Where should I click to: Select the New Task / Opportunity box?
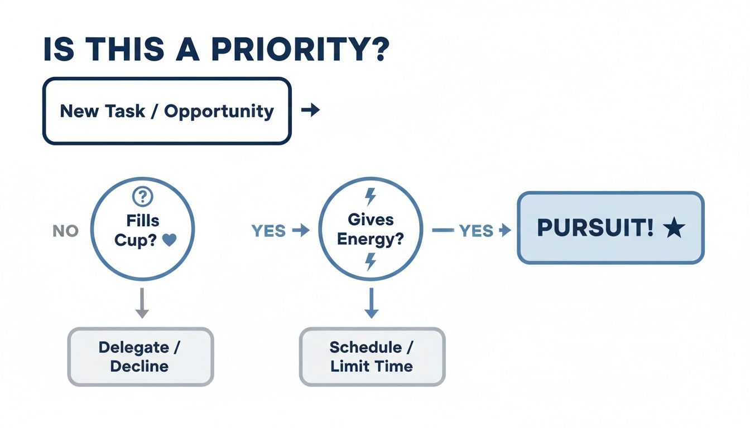coord(167,111)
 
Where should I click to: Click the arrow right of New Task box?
coord(310,110)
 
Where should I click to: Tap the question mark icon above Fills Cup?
coord(143,197)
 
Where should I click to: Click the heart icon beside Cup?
coord(170,240)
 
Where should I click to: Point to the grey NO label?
coord(65,231)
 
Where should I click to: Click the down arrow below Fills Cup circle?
coord(142,303)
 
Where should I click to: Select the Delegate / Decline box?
coord(140,357)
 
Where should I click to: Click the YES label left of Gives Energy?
coord(269,231)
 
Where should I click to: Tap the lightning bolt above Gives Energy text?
coord(370,197)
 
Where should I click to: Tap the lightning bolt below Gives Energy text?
coord(371,261)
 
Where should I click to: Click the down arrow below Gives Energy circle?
coord(371,304)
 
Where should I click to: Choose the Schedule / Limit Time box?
coord(372,357)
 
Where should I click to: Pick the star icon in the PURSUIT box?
coord(674,229)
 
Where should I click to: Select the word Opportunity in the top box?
coord(219,111)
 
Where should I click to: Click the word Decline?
coord(140,366)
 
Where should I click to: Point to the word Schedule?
coord(366,347)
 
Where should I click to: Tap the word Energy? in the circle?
coord(371,240)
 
